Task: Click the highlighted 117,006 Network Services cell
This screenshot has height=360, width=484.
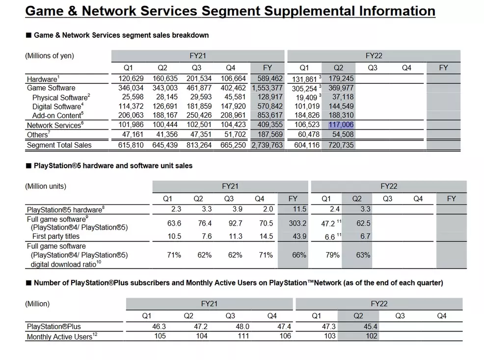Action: (341, 125)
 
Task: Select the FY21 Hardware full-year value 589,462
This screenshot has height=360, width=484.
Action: (268, 78)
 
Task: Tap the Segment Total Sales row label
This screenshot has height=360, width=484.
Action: (59, 145)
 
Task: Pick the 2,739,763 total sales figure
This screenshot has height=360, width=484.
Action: (268, 145)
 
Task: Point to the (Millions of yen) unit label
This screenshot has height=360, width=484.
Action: (50, 55)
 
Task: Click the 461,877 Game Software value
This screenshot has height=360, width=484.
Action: (201, 88)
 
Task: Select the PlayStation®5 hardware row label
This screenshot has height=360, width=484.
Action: (65, 209)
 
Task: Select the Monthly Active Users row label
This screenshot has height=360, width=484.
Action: (59, 336)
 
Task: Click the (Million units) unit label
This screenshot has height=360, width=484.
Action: (46, 186)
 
